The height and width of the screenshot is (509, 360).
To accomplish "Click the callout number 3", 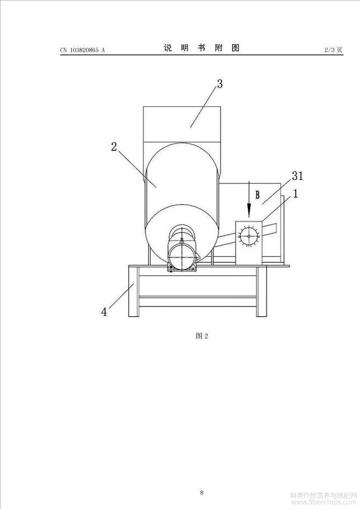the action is [x=220, y=84].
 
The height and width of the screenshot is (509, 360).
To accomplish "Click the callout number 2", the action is [x=114, y=147].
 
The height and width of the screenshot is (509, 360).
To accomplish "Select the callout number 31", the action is [x=297, y=176].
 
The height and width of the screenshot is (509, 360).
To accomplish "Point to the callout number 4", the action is [x=104, y=312].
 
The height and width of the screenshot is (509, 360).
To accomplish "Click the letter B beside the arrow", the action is [x=258, y=195].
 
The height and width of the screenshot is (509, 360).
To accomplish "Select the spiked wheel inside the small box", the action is [x=249, y=236].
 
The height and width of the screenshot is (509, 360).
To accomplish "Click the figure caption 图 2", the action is [x=202, y=336].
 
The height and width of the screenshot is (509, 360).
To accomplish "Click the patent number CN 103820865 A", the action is [x=82, y=50].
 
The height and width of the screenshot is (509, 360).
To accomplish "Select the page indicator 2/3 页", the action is [x=333, y=50].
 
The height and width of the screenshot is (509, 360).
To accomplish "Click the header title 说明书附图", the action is [x=202, y=48].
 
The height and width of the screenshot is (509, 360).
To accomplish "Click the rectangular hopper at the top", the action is [x=183, y=124].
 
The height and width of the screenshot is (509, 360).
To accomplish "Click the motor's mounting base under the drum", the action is [x=182, y=268].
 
